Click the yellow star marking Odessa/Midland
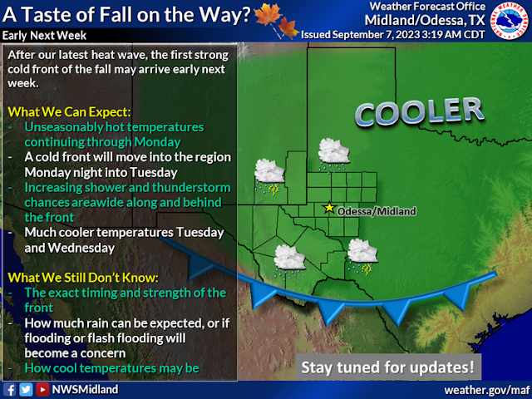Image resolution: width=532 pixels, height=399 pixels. [x=329, y=207]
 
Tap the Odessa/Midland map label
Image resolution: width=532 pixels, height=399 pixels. [x=377, y=211]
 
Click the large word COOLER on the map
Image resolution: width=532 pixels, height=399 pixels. [x=419, y=111]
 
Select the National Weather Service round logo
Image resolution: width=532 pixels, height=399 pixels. [x=510, y=21]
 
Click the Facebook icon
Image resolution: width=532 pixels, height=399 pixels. [x=9, y=390]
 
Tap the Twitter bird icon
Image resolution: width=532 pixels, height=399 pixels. [x=26, y=390]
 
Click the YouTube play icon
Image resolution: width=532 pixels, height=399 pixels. [x=42, y=390]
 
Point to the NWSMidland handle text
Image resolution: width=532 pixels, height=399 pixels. [x=85, y=390]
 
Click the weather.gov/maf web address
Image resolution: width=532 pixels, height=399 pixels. [x=488, y=390]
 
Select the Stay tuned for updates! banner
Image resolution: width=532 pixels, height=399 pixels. [x=388, y=367]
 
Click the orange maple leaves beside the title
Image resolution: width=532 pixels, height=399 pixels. [x=276, y=20]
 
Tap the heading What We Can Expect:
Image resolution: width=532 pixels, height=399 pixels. [x=69, y=112]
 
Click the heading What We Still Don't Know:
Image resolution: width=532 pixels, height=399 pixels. [x=83, y=278]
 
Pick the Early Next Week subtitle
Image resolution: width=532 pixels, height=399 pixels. [x=44, y=35]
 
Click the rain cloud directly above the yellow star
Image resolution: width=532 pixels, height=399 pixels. [x=333, y=155]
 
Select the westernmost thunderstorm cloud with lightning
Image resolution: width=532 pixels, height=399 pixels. [x=269, y=177]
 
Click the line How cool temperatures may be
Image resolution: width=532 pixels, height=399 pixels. [x=112, y=368]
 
